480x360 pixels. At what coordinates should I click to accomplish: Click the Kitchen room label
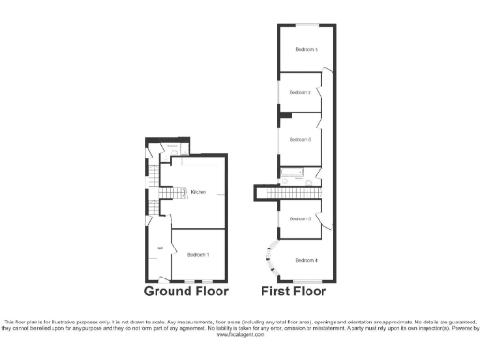tap(198, 193)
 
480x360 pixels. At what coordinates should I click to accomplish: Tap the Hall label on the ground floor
tap(159, 247)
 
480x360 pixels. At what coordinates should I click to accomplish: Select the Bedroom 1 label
tap(198, 255)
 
